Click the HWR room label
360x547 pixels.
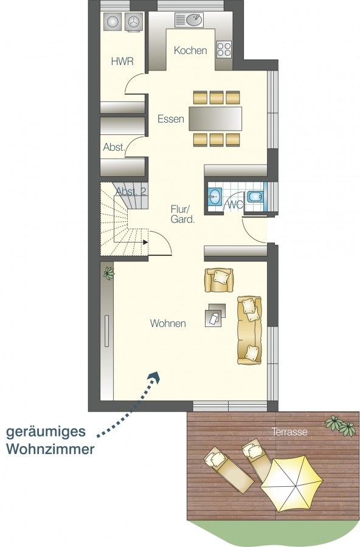122,61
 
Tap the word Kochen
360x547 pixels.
190,50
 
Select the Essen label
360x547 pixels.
171,119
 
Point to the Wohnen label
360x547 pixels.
168,323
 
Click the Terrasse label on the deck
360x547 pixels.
290,432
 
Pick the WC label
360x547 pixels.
235,205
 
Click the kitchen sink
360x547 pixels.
194,20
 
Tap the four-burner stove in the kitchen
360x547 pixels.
224,49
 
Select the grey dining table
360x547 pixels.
215,119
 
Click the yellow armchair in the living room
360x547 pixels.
219,280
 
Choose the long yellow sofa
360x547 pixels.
249,331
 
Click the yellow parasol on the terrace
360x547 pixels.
292,484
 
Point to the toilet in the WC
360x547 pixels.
255,197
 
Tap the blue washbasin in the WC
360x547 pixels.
215,197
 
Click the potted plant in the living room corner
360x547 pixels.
109,273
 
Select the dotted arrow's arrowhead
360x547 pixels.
154,377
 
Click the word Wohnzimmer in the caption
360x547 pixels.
50,449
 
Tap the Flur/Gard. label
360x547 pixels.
182,214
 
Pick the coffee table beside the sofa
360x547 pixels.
215,315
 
